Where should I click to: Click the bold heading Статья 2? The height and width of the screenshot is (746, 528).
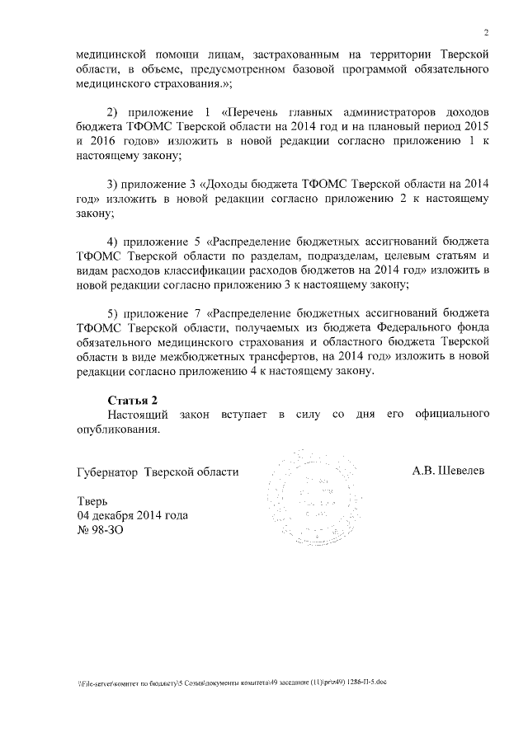[x=133, y=400]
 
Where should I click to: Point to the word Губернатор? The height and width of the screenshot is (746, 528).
[x=101, y=472]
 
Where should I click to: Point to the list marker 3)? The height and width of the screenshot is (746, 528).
[x=116, y=184]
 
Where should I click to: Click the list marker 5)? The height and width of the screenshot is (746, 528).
[x=116, y=313]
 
